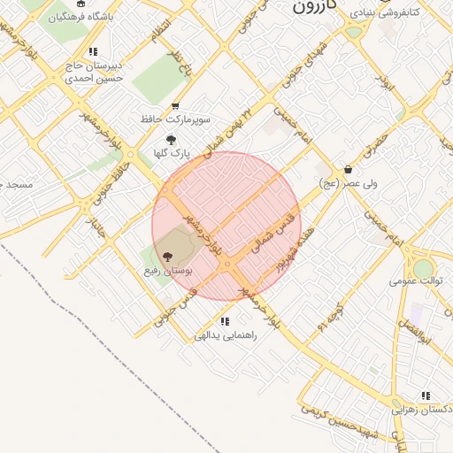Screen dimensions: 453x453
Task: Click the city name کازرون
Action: (x=315, y=8)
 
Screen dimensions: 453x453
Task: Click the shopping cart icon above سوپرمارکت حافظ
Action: (x=175, y=106)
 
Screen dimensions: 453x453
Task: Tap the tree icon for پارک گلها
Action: (x=171, y=140)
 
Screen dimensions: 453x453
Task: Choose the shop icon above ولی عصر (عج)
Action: (x=348, y=170)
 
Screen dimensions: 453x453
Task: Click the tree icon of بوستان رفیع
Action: (x=169, y=256)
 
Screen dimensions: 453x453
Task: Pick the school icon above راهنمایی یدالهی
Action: (x=225, y=321)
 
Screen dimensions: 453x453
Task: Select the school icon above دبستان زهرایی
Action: (x=426, y=395)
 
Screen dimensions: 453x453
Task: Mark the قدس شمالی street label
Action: (x=272, y=233)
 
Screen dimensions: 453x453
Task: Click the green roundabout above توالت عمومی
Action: (x=424, y=268)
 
